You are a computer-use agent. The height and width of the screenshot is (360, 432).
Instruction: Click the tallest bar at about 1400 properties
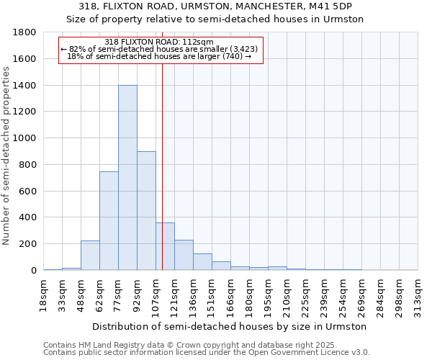(127, 178)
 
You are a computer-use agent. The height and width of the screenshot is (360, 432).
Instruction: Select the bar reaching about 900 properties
(146, 211)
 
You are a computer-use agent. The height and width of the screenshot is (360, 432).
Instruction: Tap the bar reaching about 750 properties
(109, 220)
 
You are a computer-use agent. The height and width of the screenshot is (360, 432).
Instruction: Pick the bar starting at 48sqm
(90, 256)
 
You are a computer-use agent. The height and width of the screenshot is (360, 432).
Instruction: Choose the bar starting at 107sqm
(165, 246)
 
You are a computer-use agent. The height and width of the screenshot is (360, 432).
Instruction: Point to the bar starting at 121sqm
(184, 255)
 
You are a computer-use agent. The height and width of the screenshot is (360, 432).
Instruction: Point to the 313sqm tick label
(418, 295)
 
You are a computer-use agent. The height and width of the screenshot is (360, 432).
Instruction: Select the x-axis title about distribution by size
(230, 326)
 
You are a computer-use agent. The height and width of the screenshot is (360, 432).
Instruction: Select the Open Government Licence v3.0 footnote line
(207, 353)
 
